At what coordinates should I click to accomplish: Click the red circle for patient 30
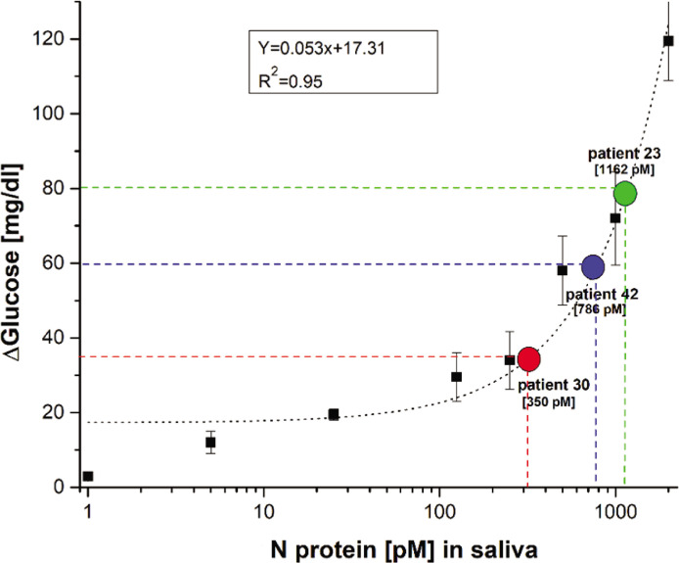click(x=528, y=359)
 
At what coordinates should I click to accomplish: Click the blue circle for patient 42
click(x=593, y=267)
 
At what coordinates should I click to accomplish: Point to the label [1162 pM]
click(x=625, y=169)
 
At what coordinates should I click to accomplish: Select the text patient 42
click(x=598, y=294)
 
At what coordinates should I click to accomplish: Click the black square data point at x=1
click(x=88, y=476)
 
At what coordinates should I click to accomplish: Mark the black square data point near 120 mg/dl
click(x=668, y=41)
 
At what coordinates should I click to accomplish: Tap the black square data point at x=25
click(x=334, y=414)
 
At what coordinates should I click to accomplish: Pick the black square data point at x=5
click(x=210, y=443)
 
